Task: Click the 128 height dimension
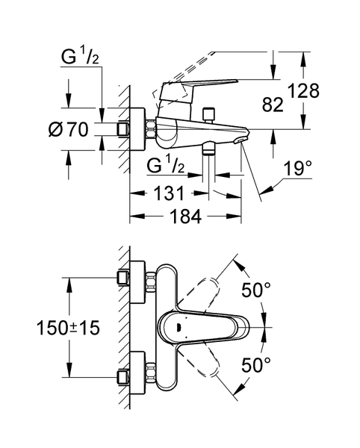303,91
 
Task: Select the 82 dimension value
273,105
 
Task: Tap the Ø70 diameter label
69,129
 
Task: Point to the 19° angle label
297,168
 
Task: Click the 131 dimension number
169,193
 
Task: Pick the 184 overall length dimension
186,216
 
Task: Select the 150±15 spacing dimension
68,328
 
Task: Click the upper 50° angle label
255,290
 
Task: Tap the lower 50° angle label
255,365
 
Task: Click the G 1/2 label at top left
80,57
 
